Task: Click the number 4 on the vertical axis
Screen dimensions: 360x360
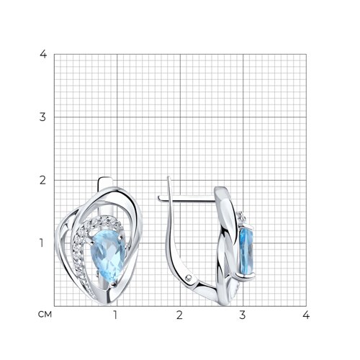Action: click(x=43, y=54)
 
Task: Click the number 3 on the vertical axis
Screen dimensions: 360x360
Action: click(x=42, y=117)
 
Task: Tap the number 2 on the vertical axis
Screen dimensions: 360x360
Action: click(x=42, y=180)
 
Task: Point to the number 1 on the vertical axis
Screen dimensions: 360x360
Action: click(x=42, y=243)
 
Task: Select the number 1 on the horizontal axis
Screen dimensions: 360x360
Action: click(x=115, y=315)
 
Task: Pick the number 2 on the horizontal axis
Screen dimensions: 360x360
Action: click(x=179, y=315)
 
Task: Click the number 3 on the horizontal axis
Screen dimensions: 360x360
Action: click(x=243, y=315)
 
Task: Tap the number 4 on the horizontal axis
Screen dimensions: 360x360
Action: click(x=306, y=315)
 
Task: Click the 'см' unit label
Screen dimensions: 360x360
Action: click(x=45, y=315)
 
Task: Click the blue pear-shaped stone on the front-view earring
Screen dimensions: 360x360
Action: click(x=108, y=256)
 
